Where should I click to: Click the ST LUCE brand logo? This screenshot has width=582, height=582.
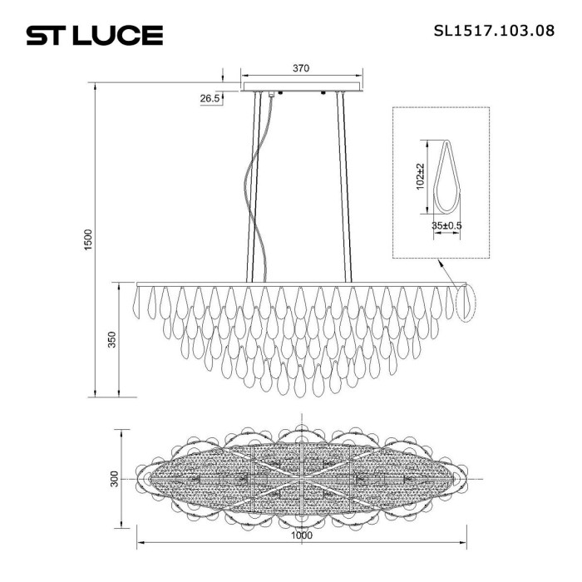click(x=94, y=36)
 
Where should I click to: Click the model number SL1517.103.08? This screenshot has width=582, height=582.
click(x=494, y=32)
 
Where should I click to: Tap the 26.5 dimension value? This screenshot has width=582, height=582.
click(x=210, y=99)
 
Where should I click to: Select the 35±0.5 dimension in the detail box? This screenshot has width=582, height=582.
click(x=447, y=224)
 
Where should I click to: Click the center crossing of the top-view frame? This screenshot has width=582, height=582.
click(x=301, y=480)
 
